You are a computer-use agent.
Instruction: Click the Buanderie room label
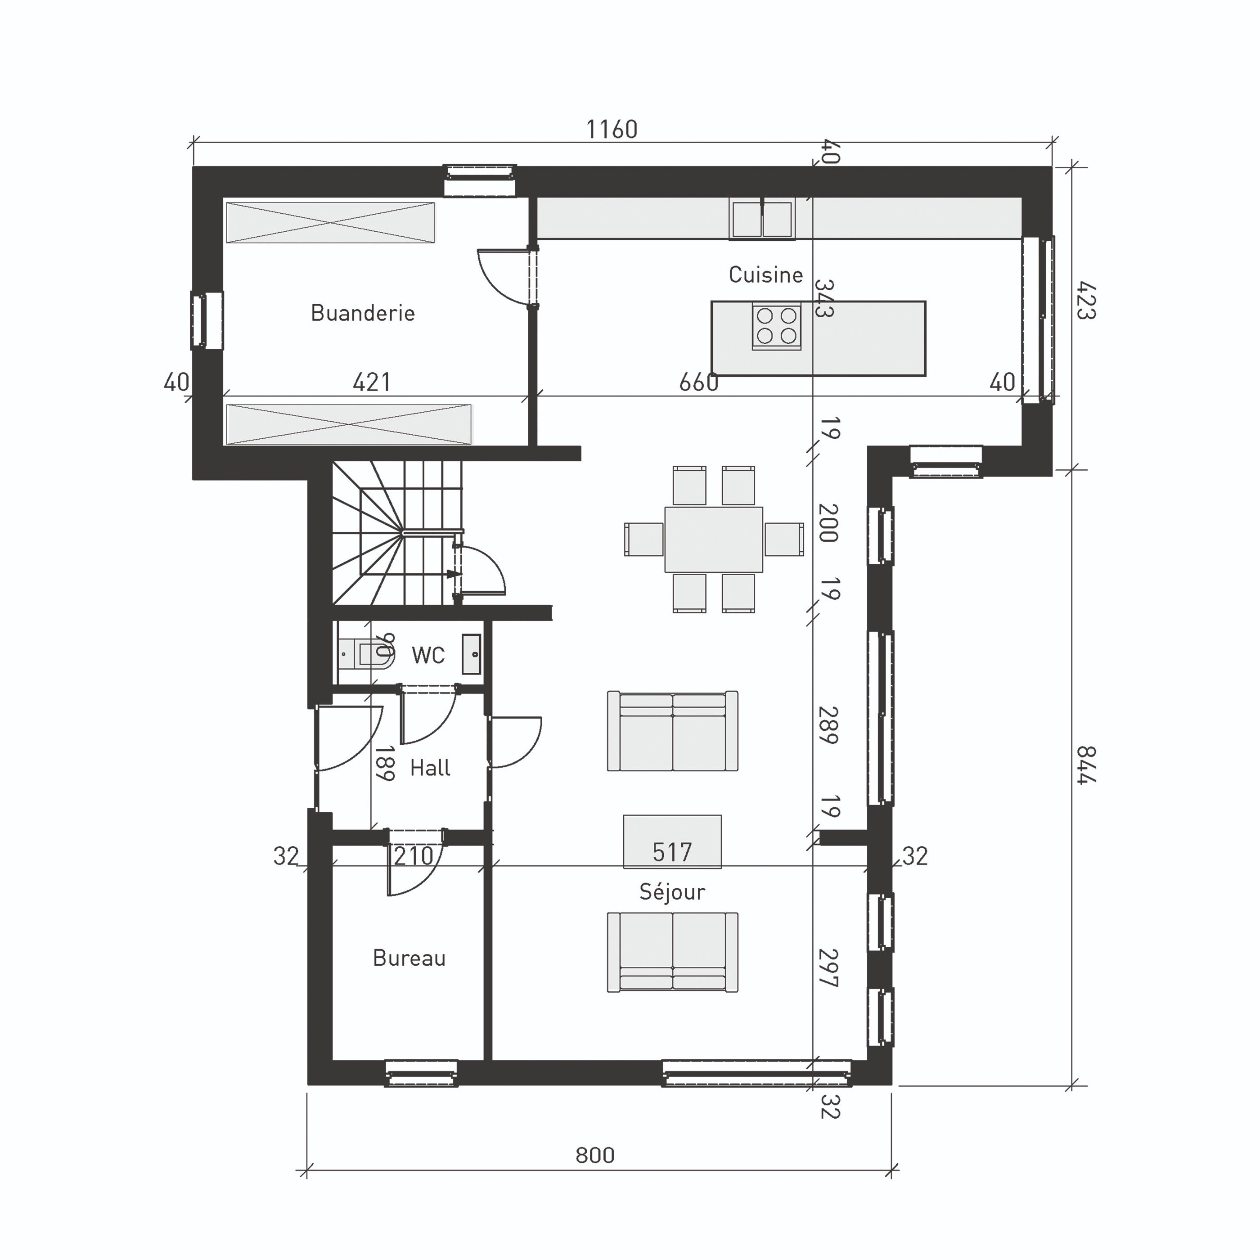(x=363, y=313)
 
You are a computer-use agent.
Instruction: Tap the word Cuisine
(x=765, y=274)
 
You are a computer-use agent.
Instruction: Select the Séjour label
(x=672, y=891)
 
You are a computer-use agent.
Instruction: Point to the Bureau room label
(x=409, y=958)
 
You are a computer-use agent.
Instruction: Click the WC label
(x=428, y=655)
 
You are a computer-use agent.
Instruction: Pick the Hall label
(x=430, y=768)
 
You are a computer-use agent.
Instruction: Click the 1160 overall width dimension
(x=611, y=130)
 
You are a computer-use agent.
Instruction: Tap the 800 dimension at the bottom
(x=595, y=1155)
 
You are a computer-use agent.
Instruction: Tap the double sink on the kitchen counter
(x=762, y=219)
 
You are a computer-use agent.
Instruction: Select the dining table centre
(x=714, y=540)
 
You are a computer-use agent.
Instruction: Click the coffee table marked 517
(x=672, y=841)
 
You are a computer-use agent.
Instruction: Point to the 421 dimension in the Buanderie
(x=371, y=382)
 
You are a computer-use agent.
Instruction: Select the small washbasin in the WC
(x=472, y=654)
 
